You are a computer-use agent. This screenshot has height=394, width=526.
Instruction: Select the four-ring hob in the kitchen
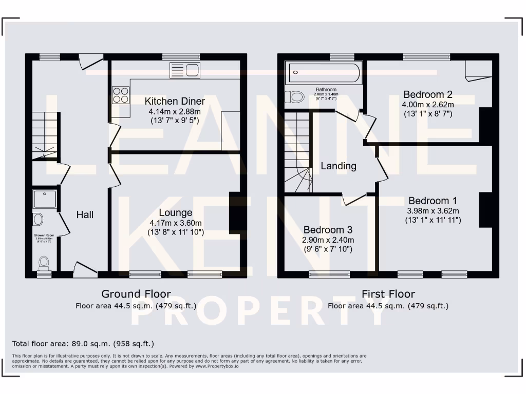121,95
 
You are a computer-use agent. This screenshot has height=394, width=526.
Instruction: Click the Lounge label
176,212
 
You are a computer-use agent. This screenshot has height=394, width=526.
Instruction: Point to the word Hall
85,214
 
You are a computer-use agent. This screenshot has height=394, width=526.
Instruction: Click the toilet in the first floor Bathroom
295,96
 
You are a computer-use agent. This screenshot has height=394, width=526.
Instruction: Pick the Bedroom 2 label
427,94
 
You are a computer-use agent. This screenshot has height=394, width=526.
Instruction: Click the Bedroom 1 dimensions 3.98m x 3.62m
433,210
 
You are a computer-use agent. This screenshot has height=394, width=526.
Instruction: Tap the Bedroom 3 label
328,230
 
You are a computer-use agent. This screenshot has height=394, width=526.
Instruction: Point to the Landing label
339,166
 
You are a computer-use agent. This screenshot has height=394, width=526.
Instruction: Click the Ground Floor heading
136,294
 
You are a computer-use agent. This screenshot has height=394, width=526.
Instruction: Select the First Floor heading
388,294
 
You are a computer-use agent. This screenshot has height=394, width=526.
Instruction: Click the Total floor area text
83,344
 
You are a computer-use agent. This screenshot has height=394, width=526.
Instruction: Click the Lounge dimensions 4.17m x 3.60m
176,223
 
